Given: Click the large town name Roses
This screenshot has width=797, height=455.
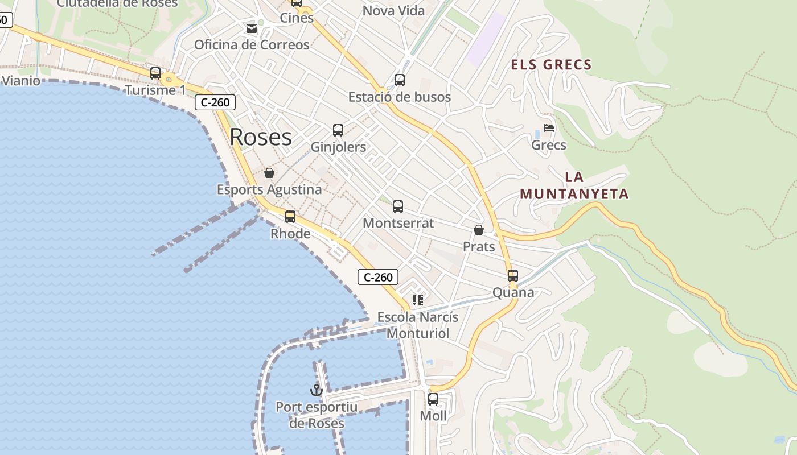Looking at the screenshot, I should (261, 137).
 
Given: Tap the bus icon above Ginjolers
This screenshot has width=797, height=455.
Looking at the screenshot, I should (338, 130).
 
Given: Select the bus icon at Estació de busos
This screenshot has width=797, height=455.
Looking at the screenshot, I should (400, 80).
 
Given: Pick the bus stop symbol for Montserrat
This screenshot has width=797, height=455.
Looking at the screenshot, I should (398, 206).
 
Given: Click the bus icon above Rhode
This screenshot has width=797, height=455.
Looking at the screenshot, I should (290, 217).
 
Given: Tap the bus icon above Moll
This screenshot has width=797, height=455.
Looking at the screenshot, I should (433, 399).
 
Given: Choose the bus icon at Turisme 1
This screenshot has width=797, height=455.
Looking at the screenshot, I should (155, 73).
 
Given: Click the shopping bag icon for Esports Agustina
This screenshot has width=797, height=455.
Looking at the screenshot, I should (269, 173).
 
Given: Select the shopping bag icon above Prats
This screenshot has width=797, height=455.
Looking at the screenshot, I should (479, 230).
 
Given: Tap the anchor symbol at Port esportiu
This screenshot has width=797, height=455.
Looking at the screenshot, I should (316, 390).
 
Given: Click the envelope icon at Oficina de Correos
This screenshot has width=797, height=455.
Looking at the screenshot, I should (251, 28).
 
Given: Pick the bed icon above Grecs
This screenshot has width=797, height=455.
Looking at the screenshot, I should (549, 128).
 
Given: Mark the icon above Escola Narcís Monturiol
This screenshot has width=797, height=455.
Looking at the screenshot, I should (418, 300).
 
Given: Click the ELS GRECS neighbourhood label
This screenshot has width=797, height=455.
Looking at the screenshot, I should (551, 65).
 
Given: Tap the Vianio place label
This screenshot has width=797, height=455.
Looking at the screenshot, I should (21, 81).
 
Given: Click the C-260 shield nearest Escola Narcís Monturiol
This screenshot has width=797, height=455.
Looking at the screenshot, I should (378, 278).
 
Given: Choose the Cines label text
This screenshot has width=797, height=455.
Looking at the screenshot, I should (297, 18).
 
